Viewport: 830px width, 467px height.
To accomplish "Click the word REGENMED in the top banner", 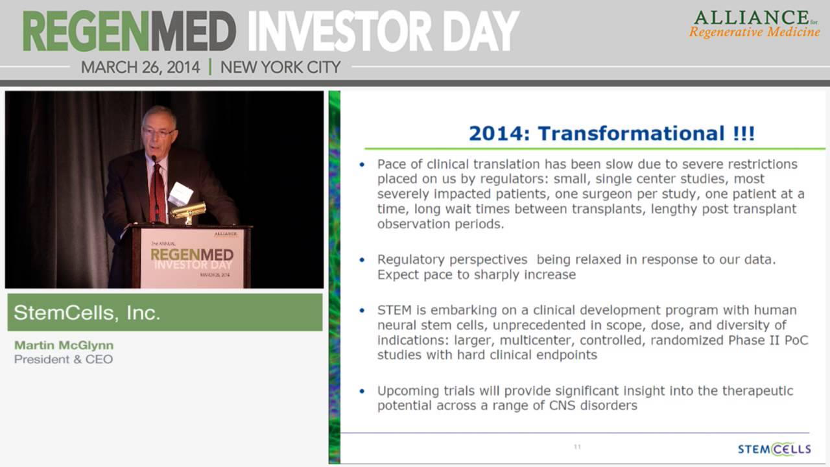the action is [129, 31].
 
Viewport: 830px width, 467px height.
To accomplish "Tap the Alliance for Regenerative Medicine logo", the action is [754, 25].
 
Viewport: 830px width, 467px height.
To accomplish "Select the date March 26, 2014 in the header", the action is [141, 67].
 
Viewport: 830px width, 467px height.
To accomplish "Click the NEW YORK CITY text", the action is [281, 67].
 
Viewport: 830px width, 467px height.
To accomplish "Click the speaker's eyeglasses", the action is [159, 132].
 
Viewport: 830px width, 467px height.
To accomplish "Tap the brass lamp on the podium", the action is [188, 212].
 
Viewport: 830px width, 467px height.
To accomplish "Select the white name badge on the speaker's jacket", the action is [180, 193].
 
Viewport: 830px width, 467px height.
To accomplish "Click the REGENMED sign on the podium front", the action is [192, 255].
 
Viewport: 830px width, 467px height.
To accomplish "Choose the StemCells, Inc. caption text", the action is [87, 313].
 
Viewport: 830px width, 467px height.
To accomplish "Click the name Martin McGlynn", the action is [64, 345].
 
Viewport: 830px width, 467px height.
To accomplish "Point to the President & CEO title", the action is [64, 359].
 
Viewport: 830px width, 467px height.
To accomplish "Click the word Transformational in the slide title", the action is [631, 134].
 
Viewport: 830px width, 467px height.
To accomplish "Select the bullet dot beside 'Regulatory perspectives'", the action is [362, 260].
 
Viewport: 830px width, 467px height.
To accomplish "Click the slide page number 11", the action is [577, 447].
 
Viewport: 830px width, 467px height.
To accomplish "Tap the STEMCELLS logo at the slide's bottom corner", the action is [774, 449].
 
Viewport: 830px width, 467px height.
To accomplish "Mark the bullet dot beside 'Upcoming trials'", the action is [362, 391].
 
